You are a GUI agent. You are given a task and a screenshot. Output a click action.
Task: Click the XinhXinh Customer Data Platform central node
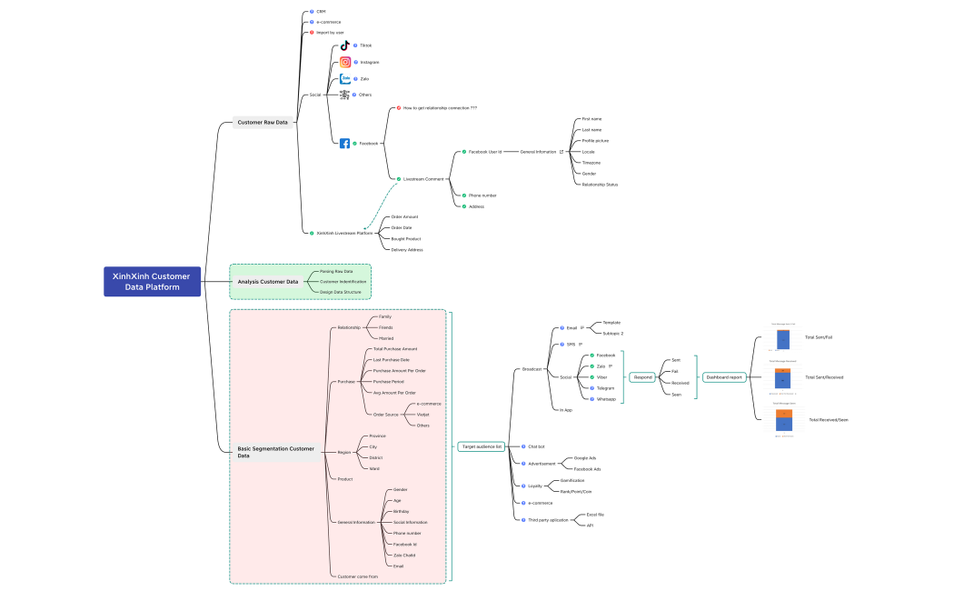pyautogui.click(x=151, y=282)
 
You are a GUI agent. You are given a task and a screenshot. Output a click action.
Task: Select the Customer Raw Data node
pyautogui.click(x=263, y=122)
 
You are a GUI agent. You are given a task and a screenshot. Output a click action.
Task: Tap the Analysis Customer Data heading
pyautogui.click(x=268, y=282)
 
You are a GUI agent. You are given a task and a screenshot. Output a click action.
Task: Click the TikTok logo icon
pyautogui.click(x=345, y=45)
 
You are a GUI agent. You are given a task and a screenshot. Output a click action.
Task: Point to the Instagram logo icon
pyautogui.click(x=345, y=63)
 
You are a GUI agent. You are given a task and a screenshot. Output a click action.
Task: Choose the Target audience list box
pyautogui.click(x=481, y=446)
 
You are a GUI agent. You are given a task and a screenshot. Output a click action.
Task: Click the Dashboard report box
pyautogui.click(x=724, y=376)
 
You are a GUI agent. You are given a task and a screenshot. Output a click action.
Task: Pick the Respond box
pyautogui.click(x=643, y=376)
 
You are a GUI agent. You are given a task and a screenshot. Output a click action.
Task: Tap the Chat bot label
pyautogui.click(x=536, y=446)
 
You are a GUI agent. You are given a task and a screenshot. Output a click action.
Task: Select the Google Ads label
pyautogui.click(x=585, y=458)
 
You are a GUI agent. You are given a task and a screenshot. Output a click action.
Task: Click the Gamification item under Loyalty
pyautogui.click(x=572, y=480)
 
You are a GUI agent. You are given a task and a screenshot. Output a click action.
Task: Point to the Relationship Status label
pyautogui.click(x=600, y=185)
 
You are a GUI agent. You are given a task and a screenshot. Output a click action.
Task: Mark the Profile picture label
pyautogui.click(x=595, y=141)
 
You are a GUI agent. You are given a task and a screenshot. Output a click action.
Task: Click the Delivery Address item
pyautogui.click(x=407, y=249)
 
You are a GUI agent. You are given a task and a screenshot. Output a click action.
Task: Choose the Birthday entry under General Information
pyautogui.click(x=401, y=512)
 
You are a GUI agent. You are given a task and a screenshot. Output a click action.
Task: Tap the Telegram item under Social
pyautogui.click(x=605, y=387)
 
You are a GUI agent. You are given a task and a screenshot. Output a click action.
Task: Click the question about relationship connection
pyautogui.click(x=440, y=107)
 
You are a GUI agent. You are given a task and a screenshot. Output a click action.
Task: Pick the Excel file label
pyautogui.click(x=595, y=515)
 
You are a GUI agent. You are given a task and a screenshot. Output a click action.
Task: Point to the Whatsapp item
pyautogui.click(x=606, y=398)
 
